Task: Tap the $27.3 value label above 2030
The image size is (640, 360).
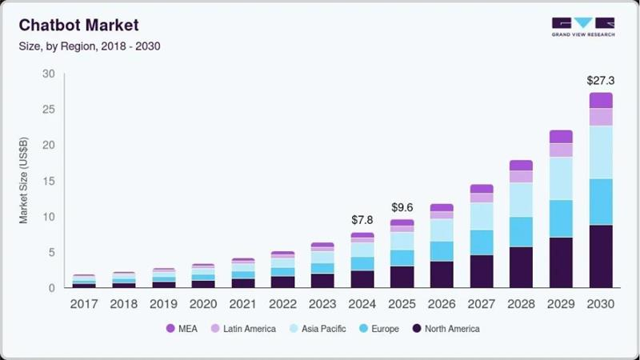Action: pos(600,80)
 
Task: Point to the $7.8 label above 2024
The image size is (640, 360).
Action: pos(362,220)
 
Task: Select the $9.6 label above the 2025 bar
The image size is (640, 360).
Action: pos(402,207)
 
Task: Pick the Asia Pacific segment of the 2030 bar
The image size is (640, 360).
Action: pos(600,152)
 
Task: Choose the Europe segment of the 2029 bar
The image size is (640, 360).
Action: pos(560,218)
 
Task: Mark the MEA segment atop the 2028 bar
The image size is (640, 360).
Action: pos(521,166)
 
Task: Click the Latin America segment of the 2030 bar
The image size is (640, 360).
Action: pos(600,117)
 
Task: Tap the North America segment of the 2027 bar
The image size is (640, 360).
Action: pos(481,271)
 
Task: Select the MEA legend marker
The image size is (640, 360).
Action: pos(170,329)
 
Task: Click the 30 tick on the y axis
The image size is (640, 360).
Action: pos(49,74)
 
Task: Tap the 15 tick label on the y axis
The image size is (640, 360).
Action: pos(49,182)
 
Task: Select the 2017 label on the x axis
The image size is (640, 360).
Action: pos(84,304)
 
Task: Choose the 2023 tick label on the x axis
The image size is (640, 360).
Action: pos(322,304)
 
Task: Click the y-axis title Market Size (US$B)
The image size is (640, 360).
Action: pos(24,181)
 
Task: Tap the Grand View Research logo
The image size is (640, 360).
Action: pos(582,26)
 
